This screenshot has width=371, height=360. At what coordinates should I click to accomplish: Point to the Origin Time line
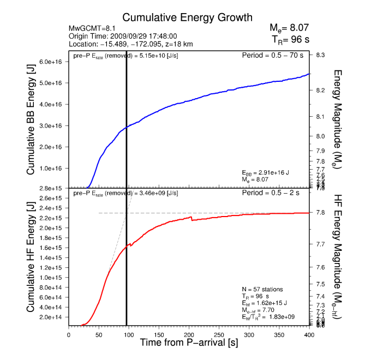[122, 36]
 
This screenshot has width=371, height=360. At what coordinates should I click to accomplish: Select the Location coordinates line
[131, 44]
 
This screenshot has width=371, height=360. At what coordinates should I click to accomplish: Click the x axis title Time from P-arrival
[189, 343]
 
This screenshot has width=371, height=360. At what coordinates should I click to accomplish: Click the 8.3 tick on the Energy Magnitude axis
[321, 55]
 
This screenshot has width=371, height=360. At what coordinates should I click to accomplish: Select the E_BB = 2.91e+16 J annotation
[265, 173]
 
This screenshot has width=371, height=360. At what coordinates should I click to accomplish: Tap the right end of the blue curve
[309, 74]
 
